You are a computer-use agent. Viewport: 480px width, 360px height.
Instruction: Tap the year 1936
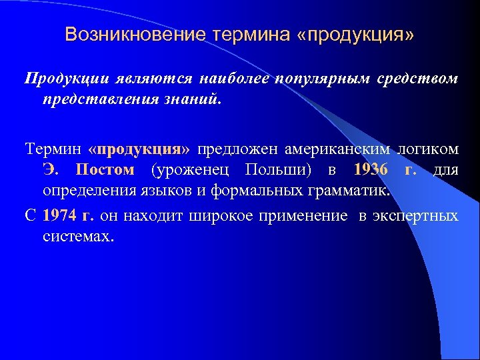point(371,169)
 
